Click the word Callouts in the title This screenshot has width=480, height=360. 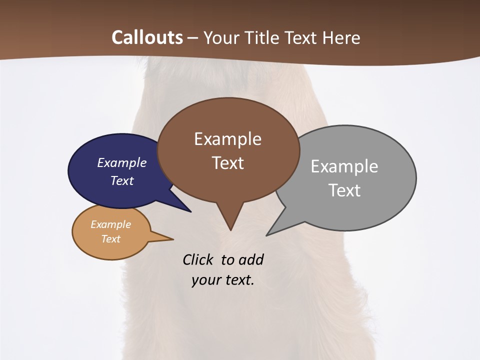point(147,37)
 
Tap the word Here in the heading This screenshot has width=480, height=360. point(341,37)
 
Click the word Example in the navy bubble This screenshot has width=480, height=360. point(122,162)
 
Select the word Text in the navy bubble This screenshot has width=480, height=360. point(122,180)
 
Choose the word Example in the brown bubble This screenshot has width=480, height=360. point(227,138)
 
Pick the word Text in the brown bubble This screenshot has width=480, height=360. point(227,162)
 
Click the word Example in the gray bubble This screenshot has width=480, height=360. point(344,166)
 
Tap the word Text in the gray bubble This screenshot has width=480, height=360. point(344,190)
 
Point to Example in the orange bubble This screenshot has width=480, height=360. point(110,224)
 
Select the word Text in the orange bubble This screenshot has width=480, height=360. point(110,239)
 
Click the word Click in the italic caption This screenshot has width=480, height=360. point(198,259)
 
